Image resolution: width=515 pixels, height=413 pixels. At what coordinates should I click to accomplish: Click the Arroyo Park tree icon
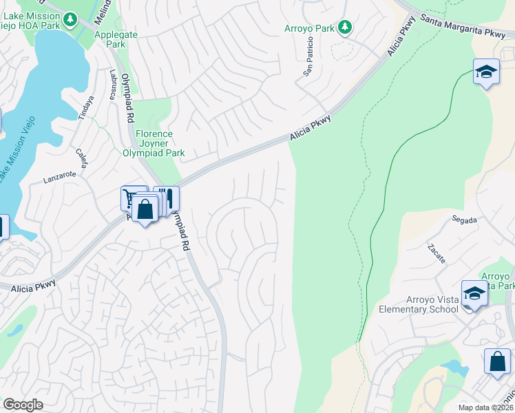tap(345, 28)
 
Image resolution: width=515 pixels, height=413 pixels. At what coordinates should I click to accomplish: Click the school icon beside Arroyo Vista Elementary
tap(474, 294)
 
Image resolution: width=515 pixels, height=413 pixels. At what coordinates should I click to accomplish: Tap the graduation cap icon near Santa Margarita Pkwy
tap(486, 72)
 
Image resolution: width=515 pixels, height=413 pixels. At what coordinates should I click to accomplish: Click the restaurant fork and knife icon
tap(166, 198)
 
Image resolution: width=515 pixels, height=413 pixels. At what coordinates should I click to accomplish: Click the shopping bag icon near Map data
tap(497, 361)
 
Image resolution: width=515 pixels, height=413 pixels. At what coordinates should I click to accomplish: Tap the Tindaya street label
tap(86, 107)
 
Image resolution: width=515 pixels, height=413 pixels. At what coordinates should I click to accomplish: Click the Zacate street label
tap(436, 253)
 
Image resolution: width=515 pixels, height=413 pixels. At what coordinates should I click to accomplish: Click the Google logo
tap(23, 405)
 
